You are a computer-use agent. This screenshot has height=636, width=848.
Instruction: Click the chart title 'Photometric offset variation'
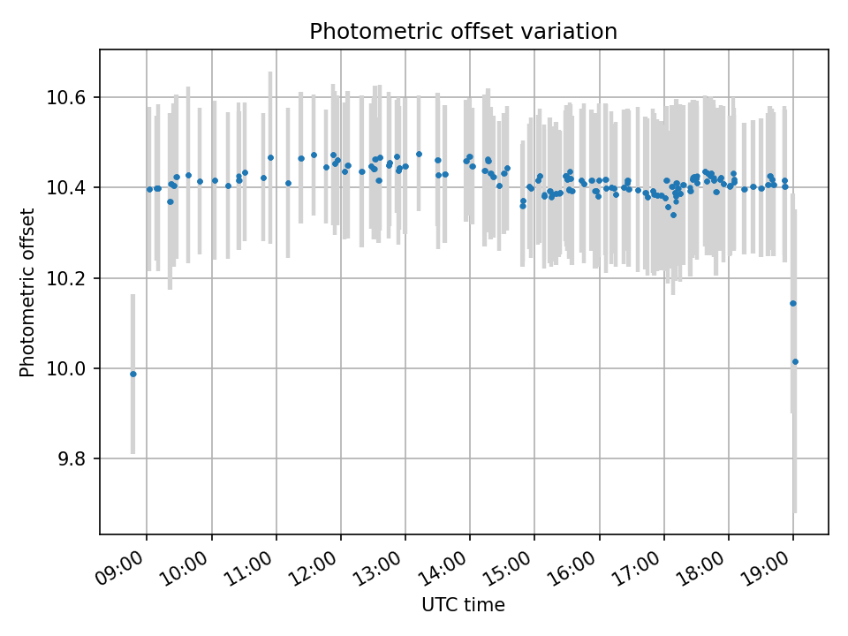[x=463, y=32]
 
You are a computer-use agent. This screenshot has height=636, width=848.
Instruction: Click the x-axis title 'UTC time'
[x=463, y=605]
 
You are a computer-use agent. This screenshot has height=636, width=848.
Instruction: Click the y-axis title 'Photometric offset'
[x=27, y=292]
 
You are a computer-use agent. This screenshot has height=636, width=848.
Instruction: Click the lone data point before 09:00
[x=133, y=374]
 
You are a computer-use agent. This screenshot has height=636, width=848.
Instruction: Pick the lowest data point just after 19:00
[x=795, y=361]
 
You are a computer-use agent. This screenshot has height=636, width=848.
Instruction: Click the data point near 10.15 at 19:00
[x=792, y=303]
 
